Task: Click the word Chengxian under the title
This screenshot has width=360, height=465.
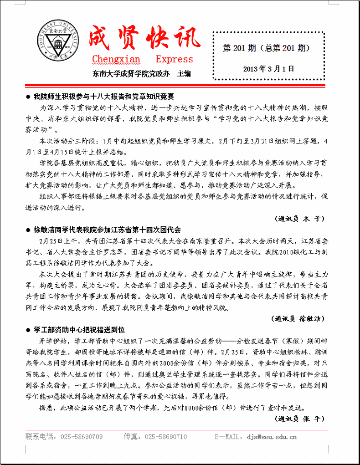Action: [116, 59]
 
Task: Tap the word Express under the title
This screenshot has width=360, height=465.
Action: [175, 59]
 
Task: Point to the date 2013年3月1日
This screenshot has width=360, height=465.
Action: [268, 69]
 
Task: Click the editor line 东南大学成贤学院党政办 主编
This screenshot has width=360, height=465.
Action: [141, 73]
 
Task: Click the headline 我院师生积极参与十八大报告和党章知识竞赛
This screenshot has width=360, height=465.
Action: [104, 97]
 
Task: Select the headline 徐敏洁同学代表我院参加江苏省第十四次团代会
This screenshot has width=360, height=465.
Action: [107, 230]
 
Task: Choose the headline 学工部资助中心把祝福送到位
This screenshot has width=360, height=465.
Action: [79, 329]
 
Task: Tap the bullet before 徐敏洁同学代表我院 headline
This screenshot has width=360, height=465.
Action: [28, 230]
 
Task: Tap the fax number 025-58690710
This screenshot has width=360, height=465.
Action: [166, 437]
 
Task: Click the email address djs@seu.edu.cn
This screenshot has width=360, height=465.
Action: [272, 437]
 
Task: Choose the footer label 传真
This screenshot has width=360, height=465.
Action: [132, 437]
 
